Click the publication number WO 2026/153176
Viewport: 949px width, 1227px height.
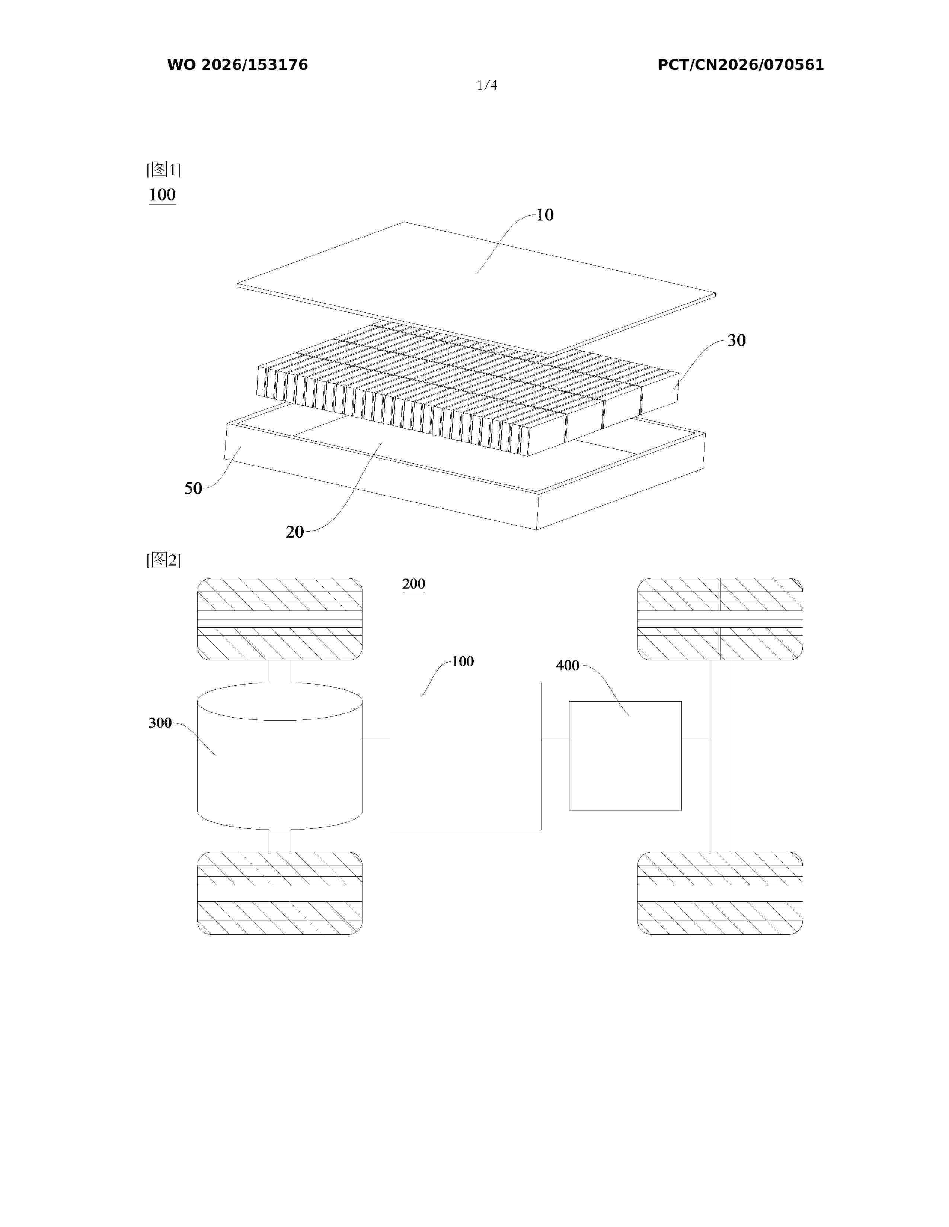(x=237, y=65)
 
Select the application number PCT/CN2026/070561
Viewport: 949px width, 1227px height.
(x=741, y=65)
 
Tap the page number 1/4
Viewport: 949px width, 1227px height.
(x=487, y=86)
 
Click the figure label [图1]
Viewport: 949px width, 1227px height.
(x=164, y=169)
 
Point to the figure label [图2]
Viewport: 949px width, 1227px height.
(x=164, y=560)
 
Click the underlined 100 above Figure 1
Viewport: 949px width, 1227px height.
(x=163, y=195)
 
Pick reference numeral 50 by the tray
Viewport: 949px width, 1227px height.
(x=194, y=488)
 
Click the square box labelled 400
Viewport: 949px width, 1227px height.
(x=625, y=756)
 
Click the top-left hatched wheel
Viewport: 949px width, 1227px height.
(x=279, y=619)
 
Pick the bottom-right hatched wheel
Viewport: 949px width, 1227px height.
(x=720, y=893)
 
